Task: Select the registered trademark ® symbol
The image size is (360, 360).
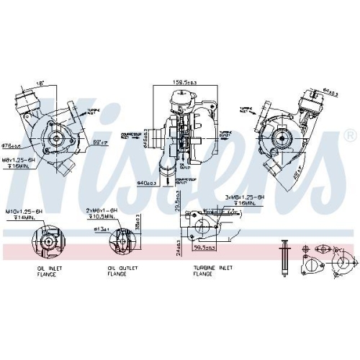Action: [349, 135]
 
